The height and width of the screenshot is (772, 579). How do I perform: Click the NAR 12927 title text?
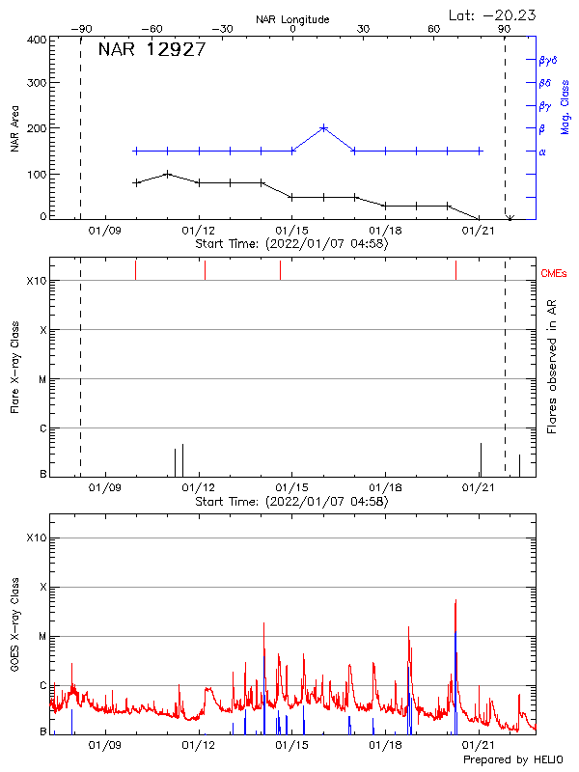tap(152, 51)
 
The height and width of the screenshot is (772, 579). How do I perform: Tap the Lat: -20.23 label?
tap(493, 14)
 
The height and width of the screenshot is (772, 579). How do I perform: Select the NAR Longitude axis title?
tap(292, 19)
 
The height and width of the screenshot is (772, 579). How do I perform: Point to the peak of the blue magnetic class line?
tap(323, 127)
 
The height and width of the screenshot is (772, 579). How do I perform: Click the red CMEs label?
tap(555, 274)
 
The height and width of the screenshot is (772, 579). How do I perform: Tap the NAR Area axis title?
tap(14, 128)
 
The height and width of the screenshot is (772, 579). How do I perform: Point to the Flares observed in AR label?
tap(551, 365)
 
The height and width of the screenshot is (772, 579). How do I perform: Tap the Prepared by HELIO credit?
tap(512, 760)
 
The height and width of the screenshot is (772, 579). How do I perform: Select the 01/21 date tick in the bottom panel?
tap(480, 746)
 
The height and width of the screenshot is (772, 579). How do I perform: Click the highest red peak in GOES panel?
tap(455, 600)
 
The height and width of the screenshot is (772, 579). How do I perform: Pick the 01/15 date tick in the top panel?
tap(291, 231)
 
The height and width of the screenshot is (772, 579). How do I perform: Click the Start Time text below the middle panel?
tap(291, 502)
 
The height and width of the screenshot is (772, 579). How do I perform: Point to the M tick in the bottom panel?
tap(42, 636)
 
